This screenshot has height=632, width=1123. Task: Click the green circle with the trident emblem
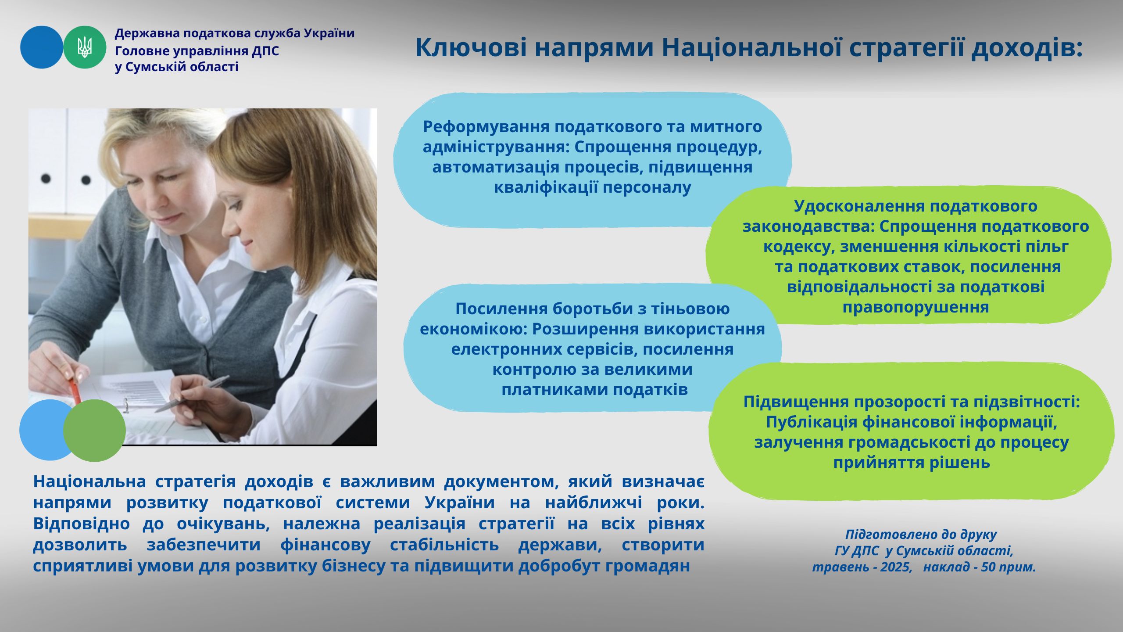tap(85, 47)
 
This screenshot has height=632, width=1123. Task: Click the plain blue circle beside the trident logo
tap(42, 47)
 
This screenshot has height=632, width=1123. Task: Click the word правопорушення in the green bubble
tap(916, 308)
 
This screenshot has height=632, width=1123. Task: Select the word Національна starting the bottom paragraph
tap(89, 481)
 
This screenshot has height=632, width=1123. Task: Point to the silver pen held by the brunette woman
tap(192, 394)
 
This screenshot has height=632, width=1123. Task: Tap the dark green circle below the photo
tap(94, 431)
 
